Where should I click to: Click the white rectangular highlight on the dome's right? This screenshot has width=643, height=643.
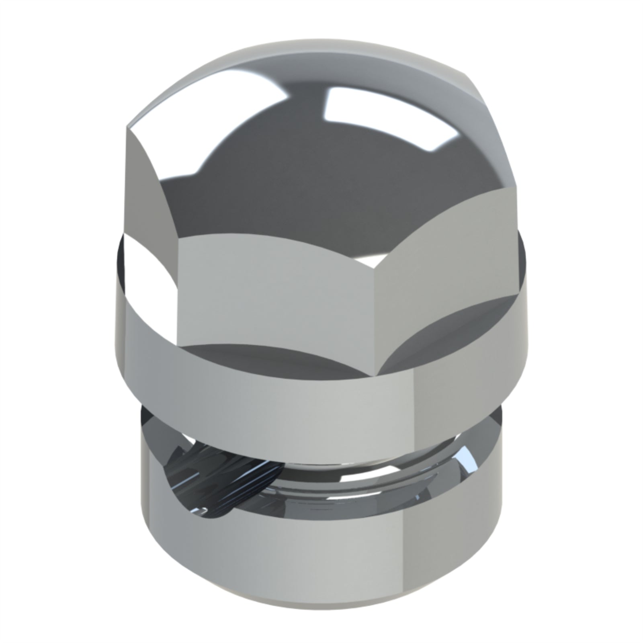386,117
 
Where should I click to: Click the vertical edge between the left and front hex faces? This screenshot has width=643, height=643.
177,297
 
